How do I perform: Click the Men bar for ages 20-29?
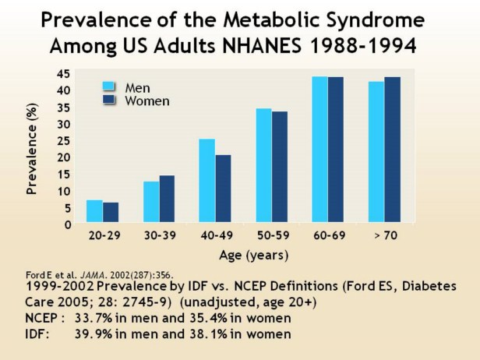94,212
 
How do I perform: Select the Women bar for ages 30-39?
167,199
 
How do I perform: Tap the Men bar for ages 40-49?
206,181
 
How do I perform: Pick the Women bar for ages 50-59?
280,168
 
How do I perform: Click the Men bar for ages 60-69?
319,150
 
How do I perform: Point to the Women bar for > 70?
392,150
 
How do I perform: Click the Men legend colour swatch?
108,86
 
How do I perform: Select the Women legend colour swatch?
108,101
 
